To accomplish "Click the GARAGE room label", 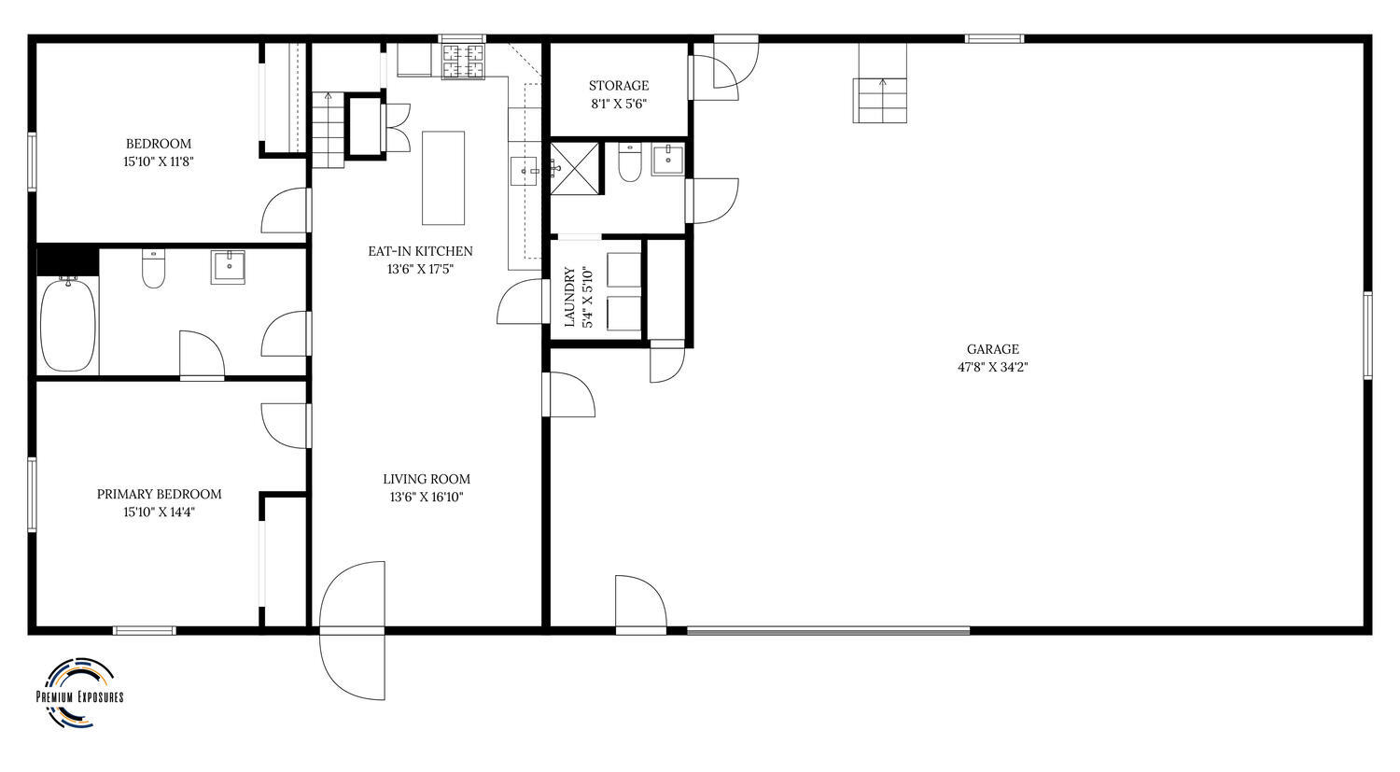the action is (992, 349).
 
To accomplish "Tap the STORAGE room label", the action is (619, 86).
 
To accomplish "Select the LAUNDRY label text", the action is (569, 297).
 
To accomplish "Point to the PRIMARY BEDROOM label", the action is (159, 495).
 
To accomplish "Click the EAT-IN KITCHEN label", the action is (420, 251).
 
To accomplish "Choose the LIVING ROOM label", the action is (427, 480).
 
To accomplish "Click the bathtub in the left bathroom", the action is (68, 325).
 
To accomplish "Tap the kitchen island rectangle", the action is (443, 178).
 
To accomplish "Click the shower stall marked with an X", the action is (574, 168).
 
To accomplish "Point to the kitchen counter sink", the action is (524, 171).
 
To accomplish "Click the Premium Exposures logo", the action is (79, 693).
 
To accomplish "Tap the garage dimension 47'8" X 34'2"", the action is (992, 368).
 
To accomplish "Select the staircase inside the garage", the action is (881, 82).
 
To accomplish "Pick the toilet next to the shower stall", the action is (629, 162).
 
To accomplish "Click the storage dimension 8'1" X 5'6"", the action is (619, 104).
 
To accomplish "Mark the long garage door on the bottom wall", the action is (828, 631).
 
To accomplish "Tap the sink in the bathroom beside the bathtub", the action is (228, 268).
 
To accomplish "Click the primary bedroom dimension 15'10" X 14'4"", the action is (159, 512).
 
